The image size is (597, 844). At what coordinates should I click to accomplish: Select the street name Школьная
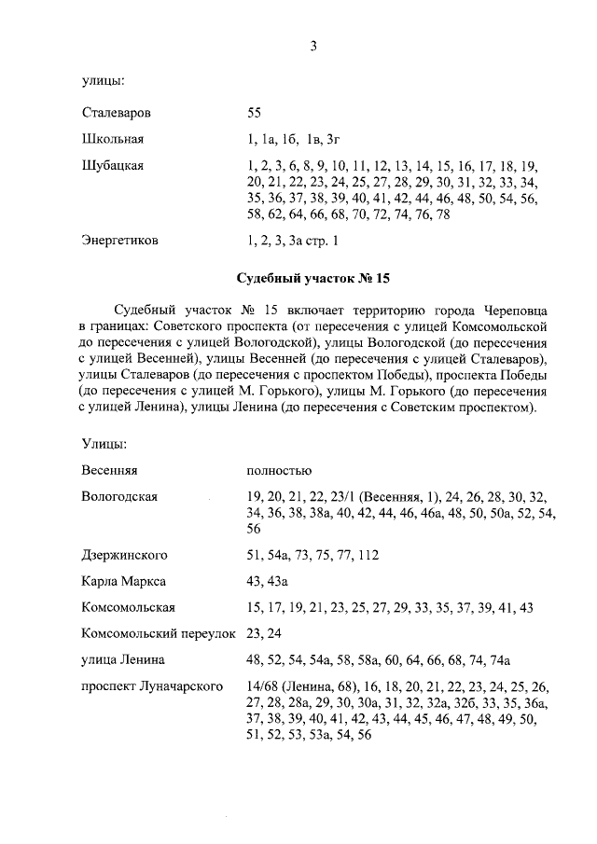112,140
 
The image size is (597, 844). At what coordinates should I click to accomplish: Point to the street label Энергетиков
119,241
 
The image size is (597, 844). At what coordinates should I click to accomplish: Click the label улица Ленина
123,660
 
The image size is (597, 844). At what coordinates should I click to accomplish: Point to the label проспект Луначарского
151,686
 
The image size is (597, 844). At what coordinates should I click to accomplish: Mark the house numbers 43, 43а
266,581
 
